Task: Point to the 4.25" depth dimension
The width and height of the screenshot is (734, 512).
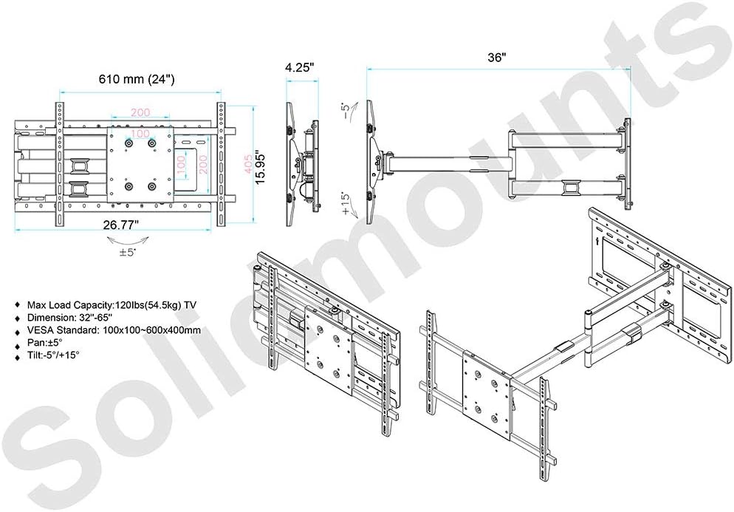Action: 300,66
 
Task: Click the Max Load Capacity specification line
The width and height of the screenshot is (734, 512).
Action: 112,304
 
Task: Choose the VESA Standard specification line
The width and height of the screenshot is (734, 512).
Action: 113,330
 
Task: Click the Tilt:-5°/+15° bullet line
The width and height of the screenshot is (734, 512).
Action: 53,356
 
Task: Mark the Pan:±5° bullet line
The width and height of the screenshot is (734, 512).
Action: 45,344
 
